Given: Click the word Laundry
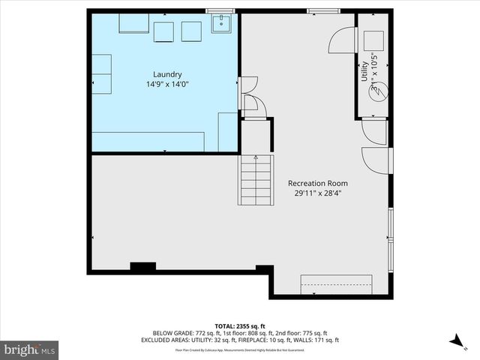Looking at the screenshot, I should click(167, 74).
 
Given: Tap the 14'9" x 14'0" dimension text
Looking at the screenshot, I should click(167, 85).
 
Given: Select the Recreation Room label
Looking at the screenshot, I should click(318, 183).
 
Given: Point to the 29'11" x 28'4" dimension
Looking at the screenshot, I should click(318, 193).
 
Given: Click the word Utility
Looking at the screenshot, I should click(364, 76).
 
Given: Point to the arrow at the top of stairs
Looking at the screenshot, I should click(255, 157).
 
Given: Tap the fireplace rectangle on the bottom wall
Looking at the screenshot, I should click(337, 284).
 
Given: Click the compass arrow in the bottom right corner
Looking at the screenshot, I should click(455, 340).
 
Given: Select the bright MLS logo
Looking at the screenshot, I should click(30, 349).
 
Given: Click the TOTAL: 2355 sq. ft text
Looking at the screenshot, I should click(240, 326).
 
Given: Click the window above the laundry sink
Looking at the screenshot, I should click(220, 11).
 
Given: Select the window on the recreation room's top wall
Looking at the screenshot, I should click(321, 10).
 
